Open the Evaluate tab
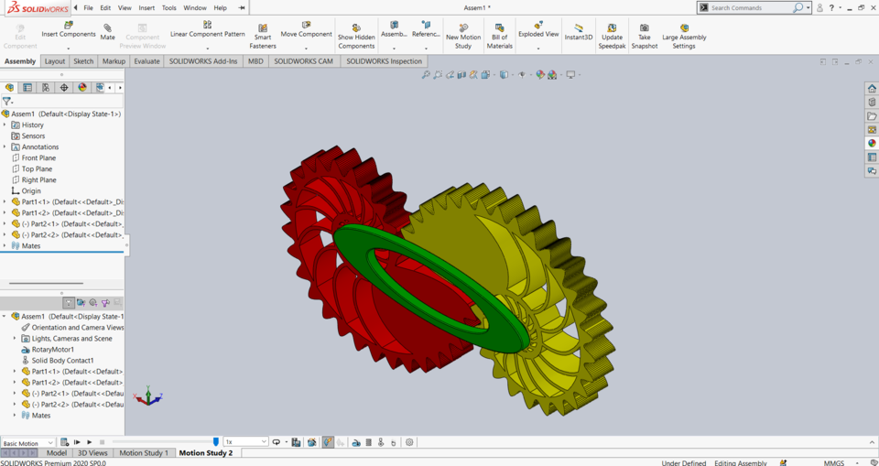click(146, 61)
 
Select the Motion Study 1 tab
click(144, 453)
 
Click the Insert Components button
click(69, 30)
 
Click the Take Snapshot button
click(644, 35)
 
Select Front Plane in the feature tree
click(38, 158)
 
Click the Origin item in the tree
click(31, 191)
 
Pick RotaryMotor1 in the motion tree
click(52, 350)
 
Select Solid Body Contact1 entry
click(62, 361)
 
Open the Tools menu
click(168, 7)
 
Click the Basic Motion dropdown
click(27, 443)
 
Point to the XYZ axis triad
click(147, 397)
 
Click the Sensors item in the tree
click(33, 135)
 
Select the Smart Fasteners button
click(263, 35)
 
